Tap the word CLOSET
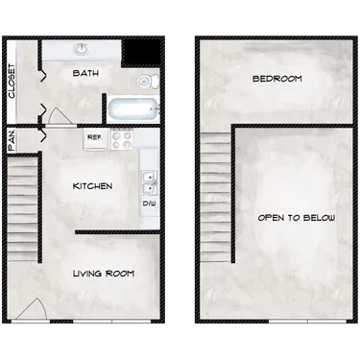point(11,82)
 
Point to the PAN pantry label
point(11,140)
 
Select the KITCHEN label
point(93,185)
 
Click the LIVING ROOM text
point(103,274)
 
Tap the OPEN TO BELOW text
point(296,218)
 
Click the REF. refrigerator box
point(94,138)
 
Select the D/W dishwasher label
point(149,204)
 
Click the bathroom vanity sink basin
point(80,48)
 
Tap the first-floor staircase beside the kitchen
point(23,202)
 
